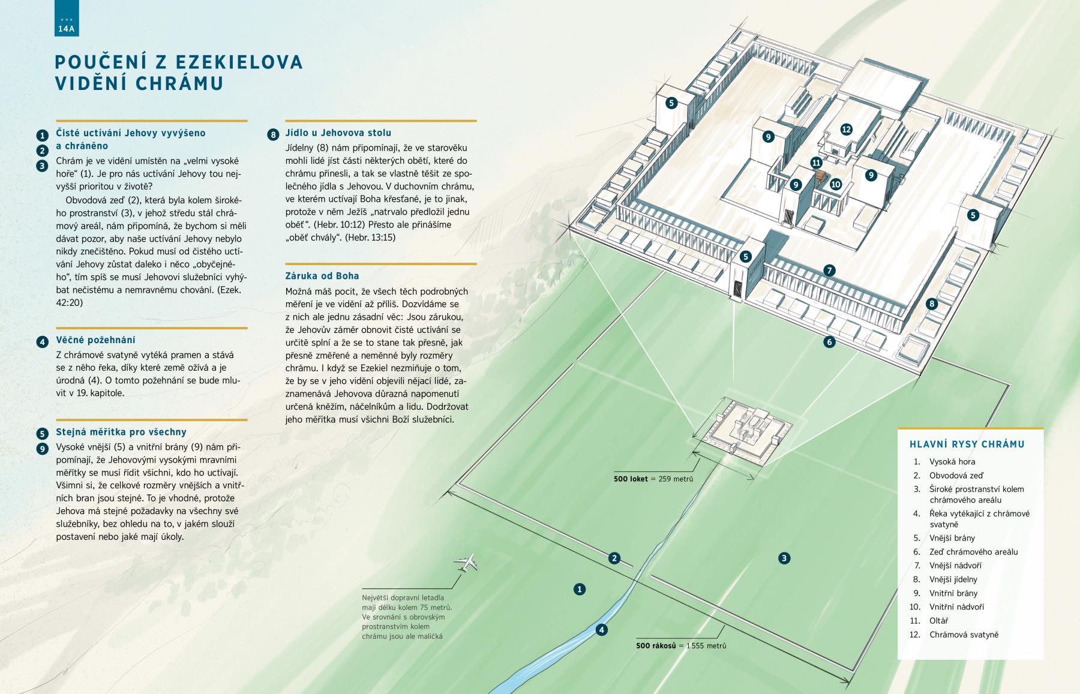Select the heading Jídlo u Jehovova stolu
[338, 133]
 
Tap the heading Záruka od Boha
[322, 276]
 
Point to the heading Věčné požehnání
[95, 340]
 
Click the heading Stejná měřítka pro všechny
[121, 432]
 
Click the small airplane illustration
[467, 562]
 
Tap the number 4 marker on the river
[602, 630]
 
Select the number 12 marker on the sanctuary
[846, 129]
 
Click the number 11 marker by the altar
[816, 163]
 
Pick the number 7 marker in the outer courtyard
[829, 271]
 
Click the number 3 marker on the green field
[784, 558]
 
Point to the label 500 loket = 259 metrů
[653, 479]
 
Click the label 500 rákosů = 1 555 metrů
[681, 645]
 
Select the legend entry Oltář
[938, 621]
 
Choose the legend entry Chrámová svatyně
[964, 635]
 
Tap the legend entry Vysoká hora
[952, 462]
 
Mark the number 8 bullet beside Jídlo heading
[274, 134]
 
